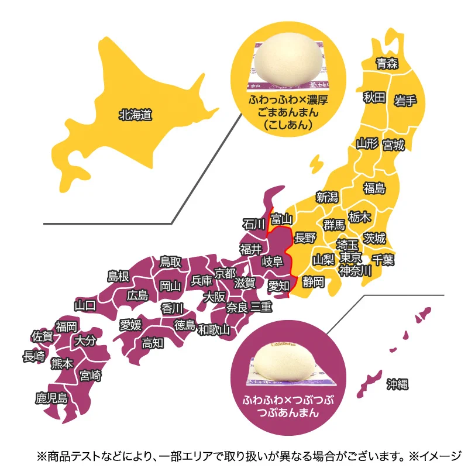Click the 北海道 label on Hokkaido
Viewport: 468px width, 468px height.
pos(135,115)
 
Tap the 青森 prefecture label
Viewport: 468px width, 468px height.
pos(387,64)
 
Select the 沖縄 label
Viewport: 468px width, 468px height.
pos(397,384)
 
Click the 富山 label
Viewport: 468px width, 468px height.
pos(281,219)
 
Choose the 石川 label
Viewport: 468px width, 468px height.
pos(254,223)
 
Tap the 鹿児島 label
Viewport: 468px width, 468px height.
pos(51,399)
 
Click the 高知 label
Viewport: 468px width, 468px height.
pos(153,343)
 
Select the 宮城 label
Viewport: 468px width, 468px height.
pos(393,144)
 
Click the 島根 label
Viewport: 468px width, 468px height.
pos(118,276)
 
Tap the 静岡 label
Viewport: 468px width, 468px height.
pos(314,282)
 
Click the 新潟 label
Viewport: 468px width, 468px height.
pos(327,197)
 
